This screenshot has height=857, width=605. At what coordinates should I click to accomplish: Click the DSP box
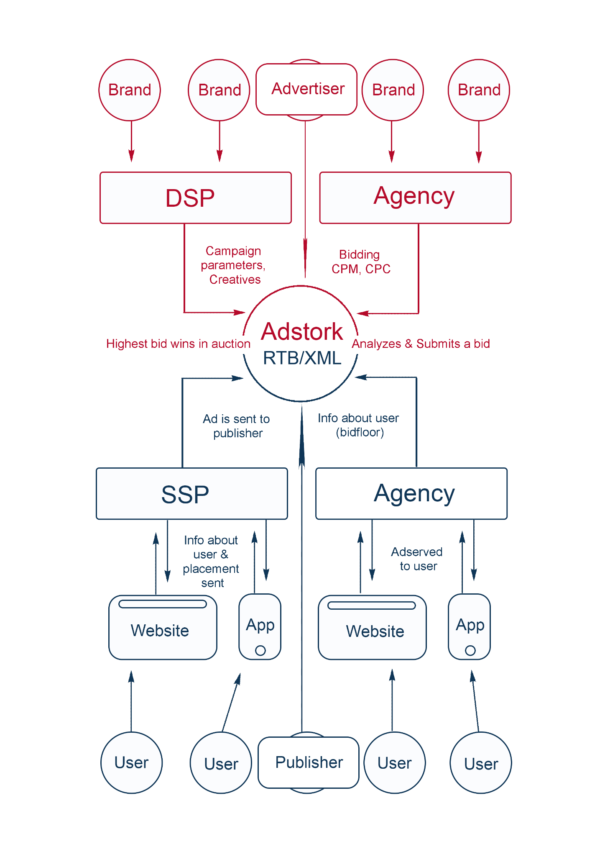(196, 198)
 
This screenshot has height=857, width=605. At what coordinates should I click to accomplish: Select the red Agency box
(415, 198)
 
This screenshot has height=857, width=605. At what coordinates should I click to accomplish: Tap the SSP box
(192, 494)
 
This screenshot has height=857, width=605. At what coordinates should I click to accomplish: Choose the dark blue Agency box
(411, 494)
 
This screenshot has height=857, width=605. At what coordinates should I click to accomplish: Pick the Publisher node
(309, 762)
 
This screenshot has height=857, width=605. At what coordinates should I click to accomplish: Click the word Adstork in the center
(302, 332)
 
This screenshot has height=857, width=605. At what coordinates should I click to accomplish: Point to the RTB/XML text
(302, 358)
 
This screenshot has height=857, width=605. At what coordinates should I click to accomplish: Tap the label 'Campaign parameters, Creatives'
(233, 265)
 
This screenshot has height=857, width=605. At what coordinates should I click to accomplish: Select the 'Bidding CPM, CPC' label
(361, 262)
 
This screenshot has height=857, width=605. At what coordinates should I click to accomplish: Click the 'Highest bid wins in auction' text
(178, 344)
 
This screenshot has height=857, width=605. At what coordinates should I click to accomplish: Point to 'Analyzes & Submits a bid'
(421, 344)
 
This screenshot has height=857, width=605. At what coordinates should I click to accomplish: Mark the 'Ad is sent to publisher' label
(237, 426)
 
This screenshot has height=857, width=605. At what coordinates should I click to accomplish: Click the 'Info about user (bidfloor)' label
(359, 425)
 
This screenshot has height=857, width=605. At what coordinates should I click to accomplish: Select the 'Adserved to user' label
(417, 559)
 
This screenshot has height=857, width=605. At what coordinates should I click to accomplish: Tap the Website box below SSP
(163, 628)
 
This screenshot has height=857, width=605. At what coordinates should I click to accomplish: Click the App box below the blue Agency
(469, 626)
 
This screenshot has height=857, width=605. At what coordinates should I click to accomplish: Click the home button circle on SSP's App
(260, 651)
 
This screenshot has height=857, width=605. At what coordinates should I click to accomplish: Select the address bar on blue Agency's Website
(372, 606)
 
